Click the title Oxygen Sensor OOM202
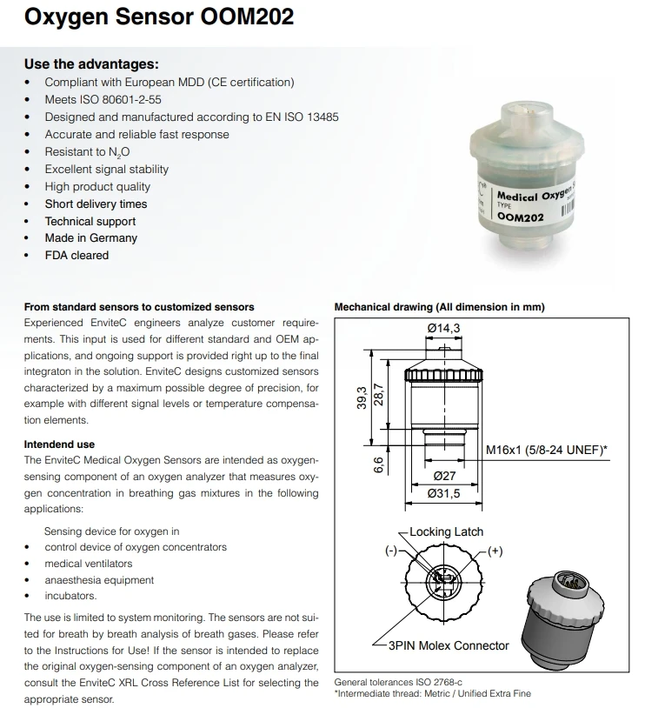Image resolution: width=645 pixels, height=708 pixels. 158,17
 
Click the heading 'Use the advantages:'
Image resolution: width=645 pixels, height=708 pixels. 91,63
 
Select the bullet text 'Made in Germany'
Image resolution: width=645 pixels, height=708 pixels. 91,237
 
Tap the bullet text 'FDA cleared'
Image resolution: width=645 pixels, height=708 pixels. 76,255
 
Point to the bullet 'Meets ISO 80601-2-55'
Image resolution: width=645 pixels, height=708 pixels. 103,99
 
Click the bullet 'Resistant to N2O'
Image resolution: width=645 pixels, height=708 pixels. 87,152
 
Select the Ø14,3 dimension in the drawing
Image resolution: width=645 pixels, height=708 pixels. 443,327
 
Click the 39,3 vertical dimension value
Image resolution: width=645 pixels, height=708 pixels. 361,398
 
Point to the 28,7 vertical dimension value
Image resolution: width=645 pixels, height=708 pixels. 377,395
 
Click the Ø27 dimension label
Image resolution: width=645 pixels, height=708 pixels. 445,477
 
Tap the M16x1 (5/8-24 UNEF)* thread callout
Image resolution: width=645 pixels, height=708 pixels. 546,450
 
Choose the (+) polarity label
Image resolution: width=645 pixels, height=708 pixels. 495,551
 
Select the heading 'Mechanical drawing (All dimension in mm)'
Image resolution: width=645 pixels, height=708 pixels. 440,306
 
